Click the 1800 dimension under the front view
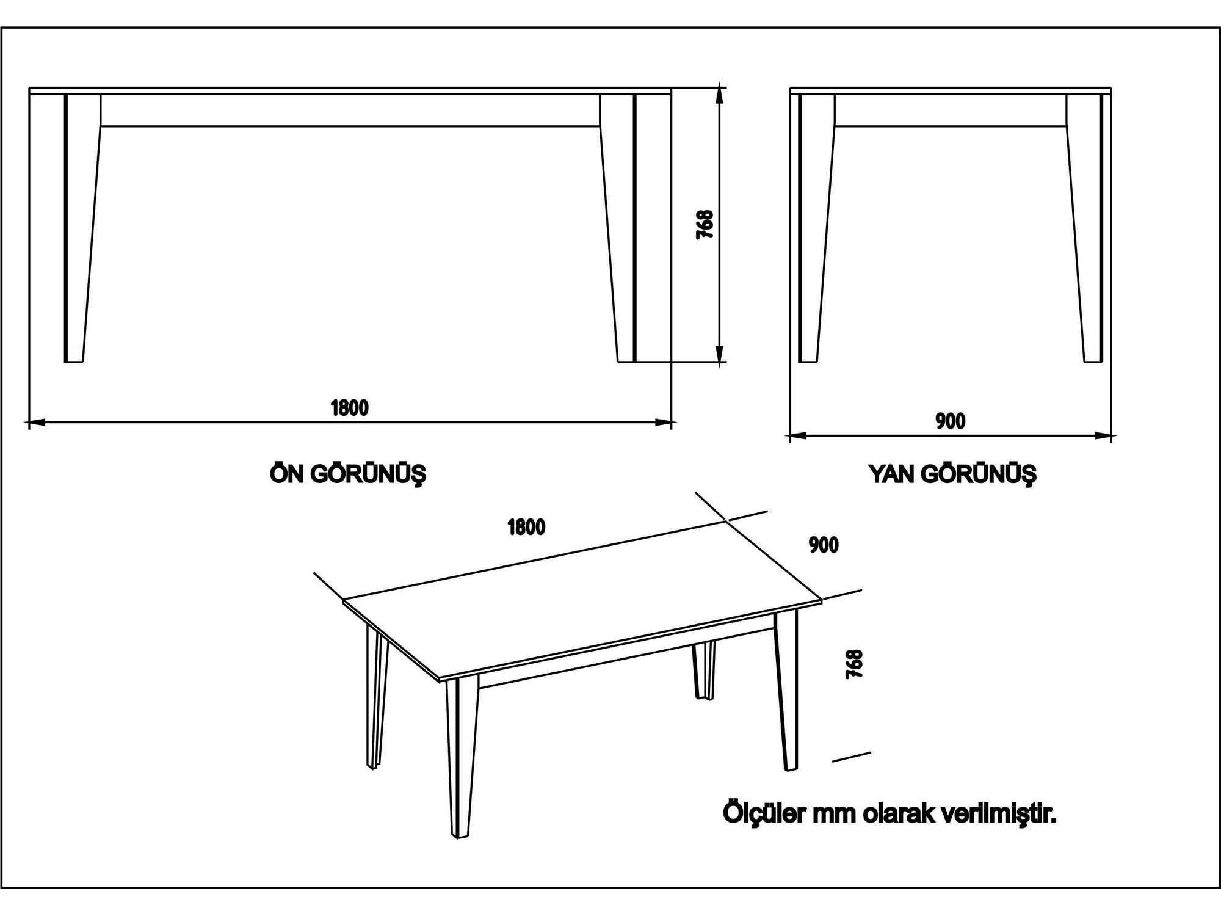[x=350, y=407]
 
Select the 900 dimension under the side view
[x=951, y=421]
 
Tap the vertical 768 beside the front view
[x=705, y=224]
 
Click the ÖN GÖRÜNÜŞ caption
[x=347, y=474]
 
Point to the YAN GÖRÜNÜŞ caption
[x=952, y=474]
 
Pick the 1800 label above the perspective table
[x=526, y=527]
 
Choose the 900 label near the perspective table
[x=824, y=545]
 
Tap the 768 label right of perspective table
[x=854, y=664]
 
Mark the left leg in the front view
[x=82, y=228]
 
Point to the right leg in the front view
[x=618, y=228]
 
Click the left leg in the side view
[x=816, y=228]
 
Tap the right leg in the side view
[x=1084, y=228]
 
